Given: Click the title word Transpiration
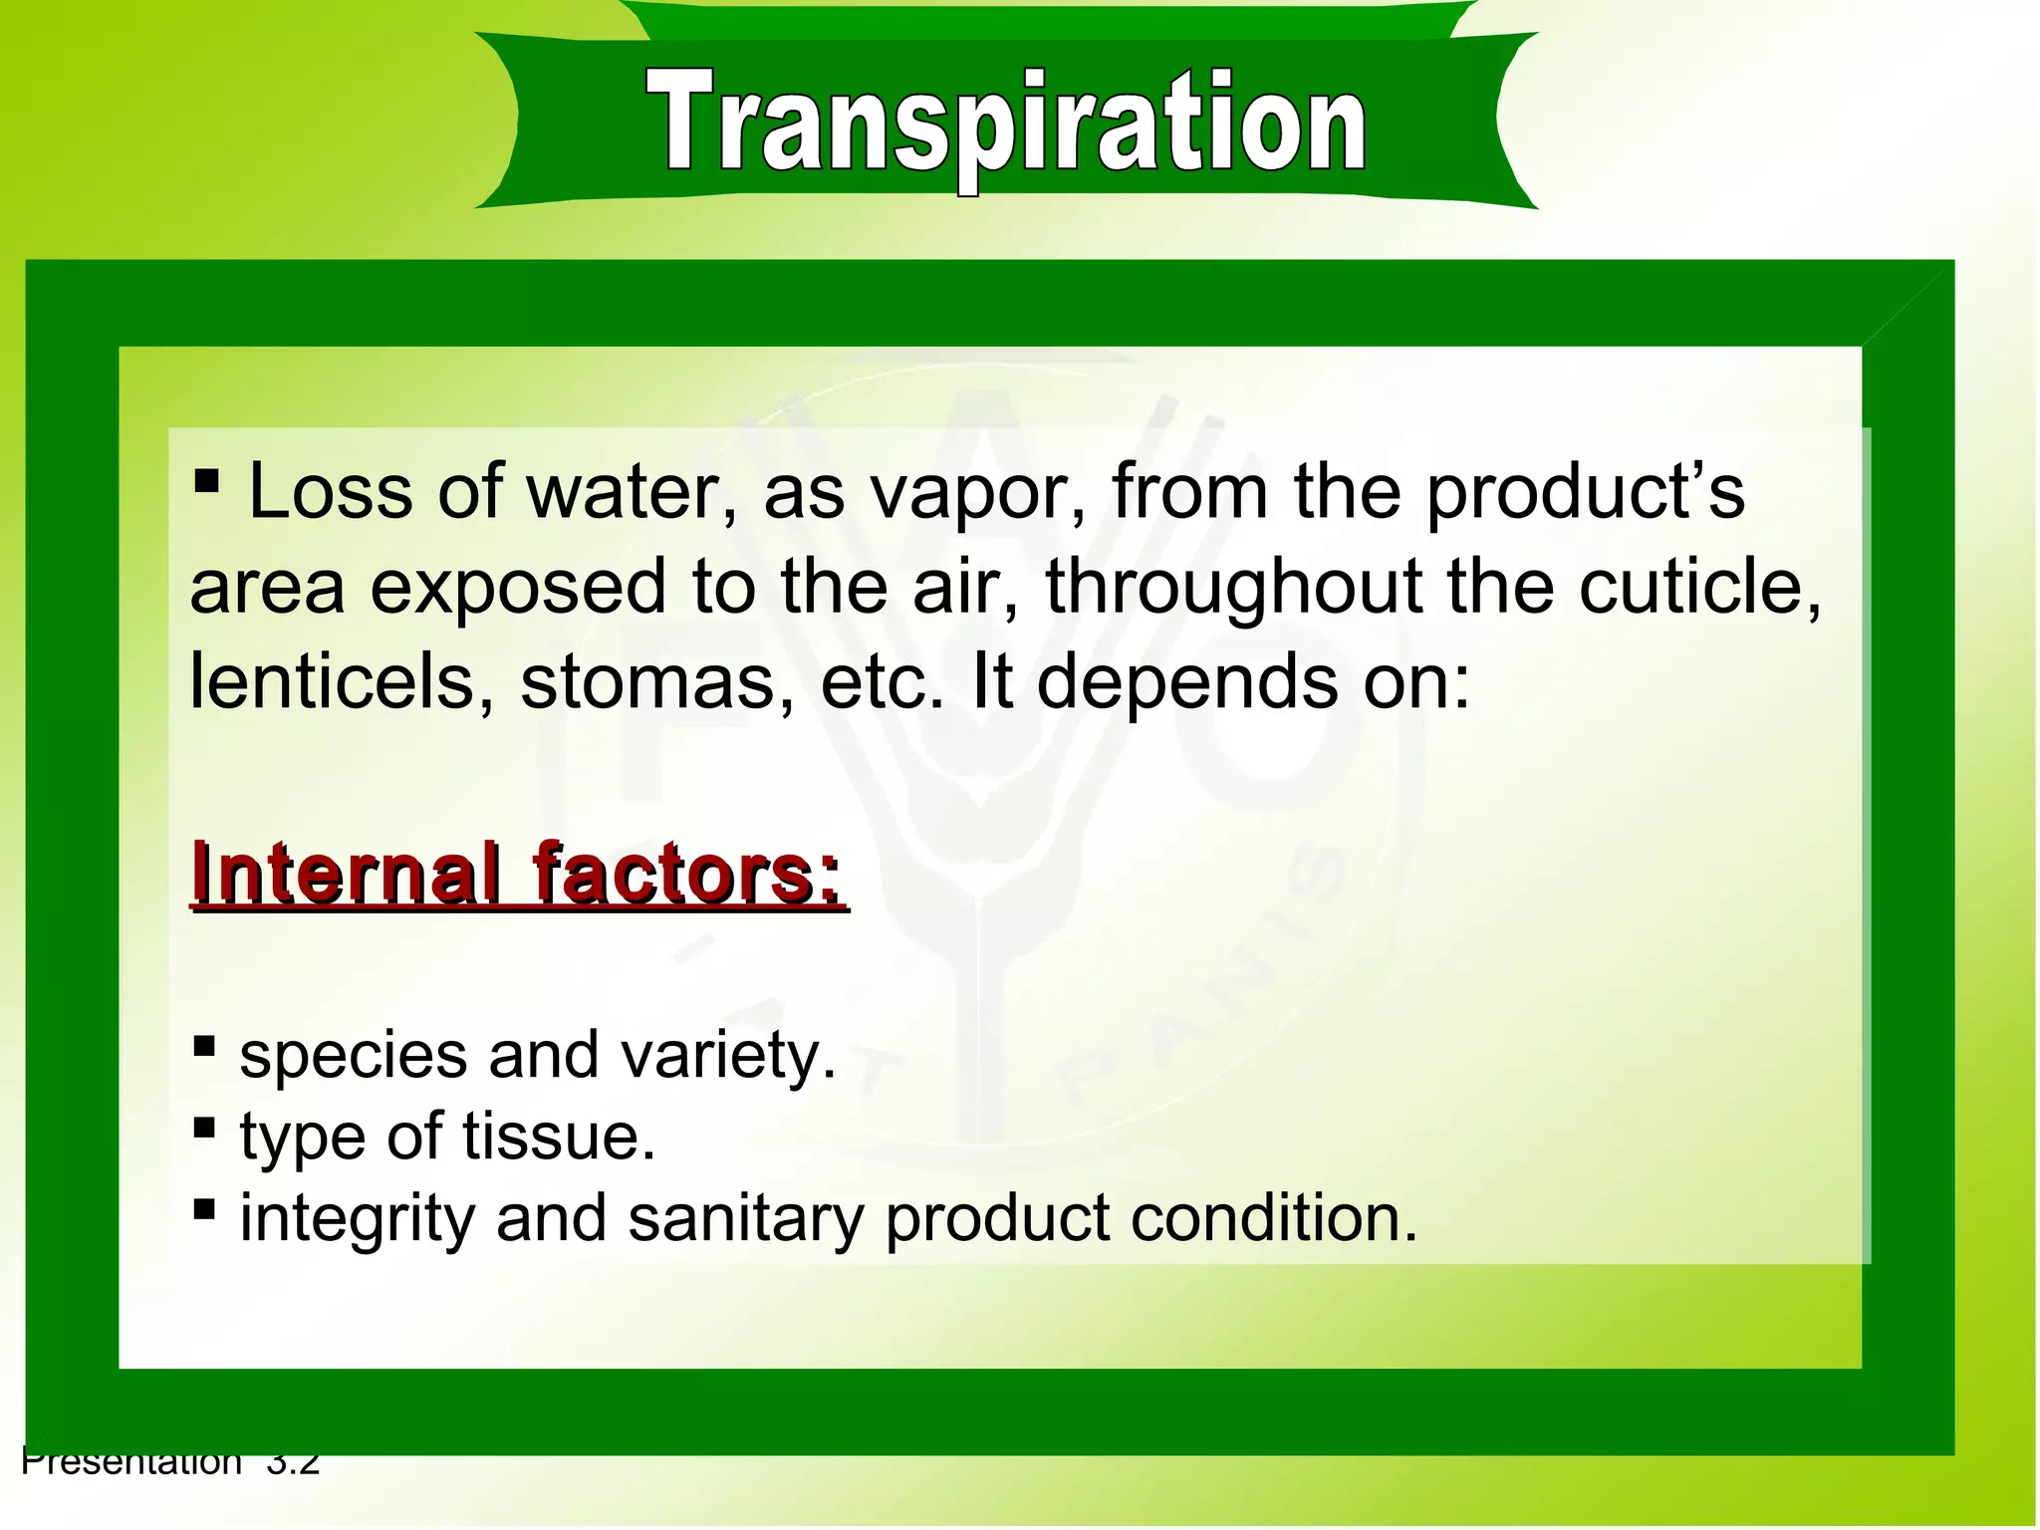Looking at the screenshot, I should (x=1006, y=125).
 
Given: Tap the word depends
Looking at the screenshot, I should (x=1186, y=683).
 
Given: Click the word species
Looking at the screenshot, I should (x=354, y=1056).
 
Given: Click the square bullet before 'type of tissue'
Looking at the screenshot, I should (x=204, y=1129).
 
